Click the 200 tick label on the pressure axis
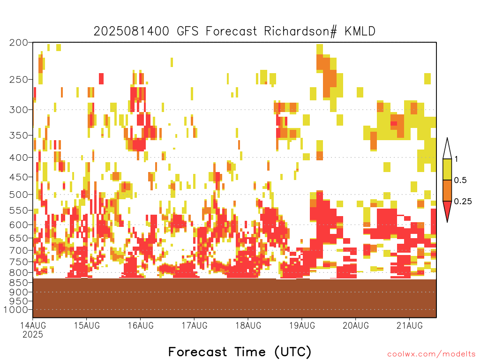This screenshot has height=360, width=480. point(19,43)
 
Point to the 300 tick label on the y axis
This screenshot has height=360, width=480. point(19,110)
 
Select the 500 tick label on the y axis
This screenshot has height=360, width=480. point(19,195)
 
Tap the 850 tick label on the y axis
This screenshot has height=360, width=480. point(19,282)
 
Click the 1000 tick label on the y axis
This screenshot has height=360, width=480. point(16,310)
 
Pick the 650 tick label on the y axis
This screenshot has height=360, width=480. point(19,238)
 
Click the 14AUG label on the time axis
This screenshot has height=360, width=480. point(33,325)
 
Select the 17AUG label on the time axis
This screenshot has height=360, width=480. point(195,325)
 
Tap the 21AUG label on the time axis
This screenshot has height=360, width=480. point(410,325)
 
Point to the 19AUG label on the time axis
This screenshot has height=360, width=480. point(302,325)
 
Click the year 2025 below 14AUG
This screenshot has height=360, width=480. point(33,334)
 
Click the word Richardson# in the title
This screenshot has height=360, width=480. point(300,31)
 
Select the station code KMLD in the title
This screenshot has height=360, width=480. point(360,31)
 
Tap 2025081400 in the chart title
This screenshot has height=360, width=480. point(131,31)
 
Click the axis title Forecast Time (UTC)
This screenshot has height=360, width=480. point(240,352)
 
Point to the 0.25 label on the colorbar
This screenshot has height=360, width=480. point(463,201)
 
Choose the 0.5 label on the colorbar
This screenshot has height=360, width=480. point(460,180)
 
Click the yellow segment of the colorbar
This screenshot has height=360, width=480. point(447,169)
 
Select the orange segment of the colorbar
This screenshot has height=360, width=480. point(447,190)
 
